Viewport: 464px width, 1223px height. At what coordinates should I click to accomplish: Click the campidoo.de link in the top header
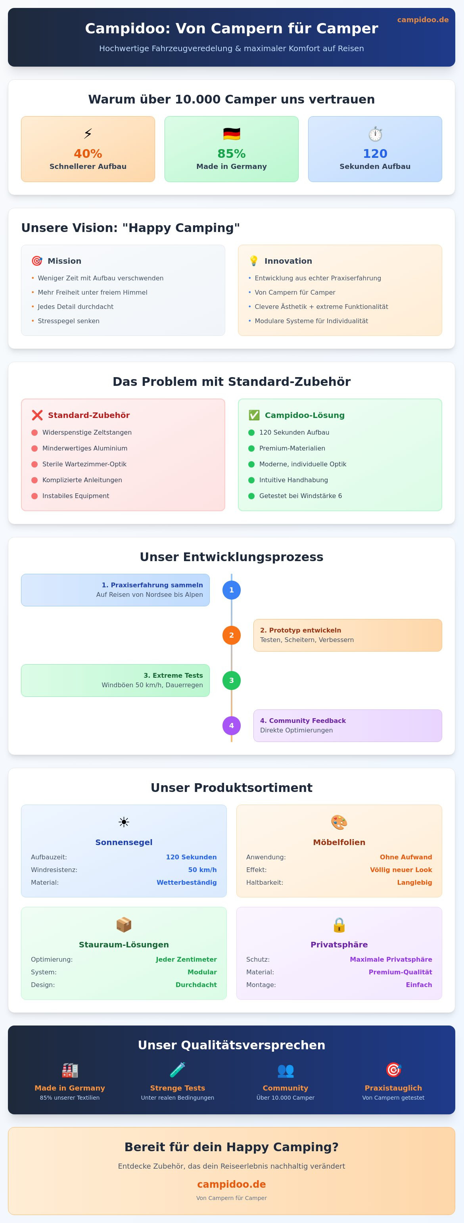(423, 19)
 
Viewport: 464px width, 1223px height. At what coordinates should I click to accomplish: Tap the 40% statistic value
(88, 154)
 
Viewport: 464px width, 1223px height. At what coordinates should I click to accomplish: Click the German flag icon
(232, 134)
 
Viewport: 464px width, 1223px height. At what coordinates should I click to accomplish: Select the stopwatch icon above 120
(375, 134)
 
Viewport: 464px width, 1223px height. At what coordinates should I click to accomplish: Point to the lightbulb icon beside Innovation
(253, 261)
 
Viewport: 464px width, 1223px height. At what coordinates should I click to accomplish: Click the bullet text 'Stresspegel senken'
(68, 321)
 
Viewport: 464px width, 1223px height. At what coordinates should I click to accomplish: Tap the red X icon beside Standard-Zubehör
(37, 415)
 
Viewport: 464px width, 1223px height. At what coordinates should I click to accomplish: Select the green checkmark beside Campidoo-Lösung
(254, 415)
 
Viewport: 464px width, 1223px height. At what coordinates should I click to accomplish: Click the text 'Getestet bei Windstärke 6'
(301, 496)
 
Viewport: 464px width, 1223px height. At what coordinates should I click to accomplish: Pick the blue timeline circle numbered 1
(231, 590)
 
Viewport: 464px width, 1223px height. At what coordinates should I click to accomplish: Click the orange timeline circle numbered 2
(231, 635)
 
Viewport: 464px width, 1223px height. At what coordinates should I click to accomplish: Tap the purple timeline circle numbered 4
(231, 725)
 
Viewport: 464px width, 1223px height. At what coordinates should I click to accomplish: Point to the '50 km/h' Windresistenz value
(202, 870)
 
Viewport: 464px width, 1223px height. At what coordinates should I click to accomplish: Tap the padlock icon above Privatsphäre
(339, 925)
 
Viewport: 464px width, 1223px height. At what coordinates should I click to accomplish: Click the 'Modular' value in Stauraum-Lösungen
(202, 972)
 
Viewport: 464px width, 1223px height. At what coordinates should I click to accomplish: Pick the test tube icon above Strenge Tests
(178, 1070)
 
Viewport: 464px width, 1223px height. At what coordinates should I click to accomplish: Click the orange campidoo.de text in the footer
(232, 1184)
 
